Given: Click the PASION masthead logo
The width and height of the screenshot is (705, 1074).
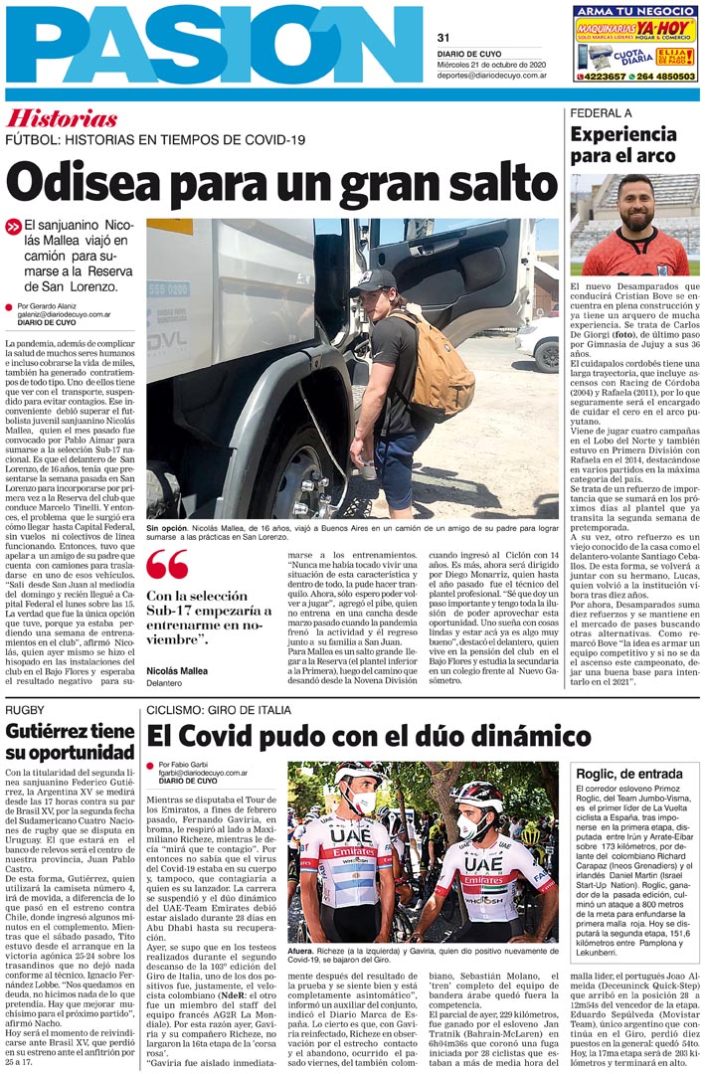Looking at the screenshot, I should [214, 45].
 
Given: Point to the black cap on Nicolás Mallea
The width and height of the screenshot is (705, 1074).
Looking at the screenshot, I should [371, 281].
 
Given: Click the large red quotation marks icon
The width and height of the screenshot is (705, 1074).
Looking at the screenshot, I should [166, 565].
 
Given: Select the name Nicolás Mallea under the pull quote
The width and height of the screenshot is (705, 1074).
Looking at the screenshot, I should [177, 671].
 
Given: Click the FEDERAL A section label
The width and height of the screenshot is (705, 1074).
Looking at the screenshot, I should [601, 113].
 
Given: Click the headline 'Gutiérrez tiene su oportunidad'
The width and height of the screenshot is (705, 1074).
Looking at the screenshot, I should [70, 742].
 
